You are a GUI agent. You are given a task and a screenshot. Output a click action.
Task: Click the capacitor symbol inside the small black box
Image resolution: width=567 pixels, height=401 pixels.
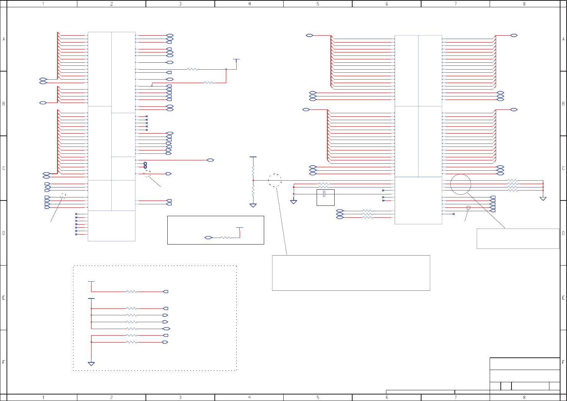pyautogui.click(x=324, y=194)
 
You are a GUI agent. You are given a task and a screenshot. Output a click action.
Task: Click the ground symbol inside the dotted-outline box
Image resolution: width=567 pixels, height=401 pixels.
pyautogui.click(x=91, y=364)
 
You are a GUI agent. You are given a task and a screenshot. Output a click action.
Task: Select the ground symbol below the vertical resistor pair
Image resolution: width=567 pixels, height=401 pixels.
pyautogui.click(x=253, y=205)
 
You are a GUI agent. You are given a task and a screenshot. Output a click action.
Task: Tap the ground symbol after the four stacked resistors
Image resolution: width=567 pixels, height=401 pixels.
pyautogui.click(x=543, y=199)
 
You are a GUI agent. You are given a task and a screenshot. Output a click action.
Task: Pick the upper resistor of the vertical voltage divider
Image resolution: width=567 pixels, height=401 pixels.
pyautogui.click(x=253, y=170)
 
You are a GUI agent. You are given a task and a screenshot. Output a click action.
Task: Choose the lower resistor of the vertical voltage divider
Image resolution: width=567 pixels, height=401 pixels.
pyautogui.click(x=253, y=191)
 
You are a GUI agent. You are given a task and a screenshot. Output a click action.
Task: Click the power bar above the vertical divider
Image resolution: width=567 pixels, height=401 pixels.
pyautogui.click(x=253, y=157)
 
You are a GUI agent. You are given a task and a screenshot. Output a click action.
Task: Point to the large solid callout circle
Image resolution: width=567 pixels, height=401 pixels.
pyautogui.click(x=461, y=184)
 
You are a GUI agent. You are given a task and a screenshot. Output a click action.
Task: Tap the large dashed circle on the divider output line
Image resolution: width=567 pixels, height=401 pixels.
pyautogui.click(x=275, y=180)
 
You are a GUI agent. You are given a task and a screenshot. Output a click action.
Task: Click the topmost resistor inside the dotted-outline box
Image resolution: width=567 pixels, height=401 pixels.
pyautogui.click(x=131, y=292)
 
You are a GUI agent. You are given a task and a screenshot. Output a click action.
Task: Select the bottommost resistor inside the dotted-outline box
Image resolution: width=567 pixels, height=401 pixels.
pyautogui.click(x=131, y=342)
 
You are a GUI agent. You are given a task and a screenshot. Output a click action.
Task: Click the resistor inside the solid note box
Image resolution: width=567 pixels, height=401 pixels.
pyautogui.click(x=226, y=238)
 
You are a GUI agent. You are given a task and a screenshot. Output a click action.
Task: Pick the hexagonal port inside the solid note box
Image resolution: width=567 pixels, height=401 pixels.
pyautogui.click(x=208, y=238)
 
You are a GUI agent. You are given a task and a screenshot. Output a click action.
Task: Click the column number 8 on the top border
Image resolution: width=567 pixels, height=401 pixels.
pyautogui.click(x=524, y=4)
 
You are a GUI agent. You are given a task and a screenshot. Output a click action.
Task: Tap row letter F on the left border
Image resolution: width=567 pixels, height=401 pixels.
pyautogui.click(x=3, y=362)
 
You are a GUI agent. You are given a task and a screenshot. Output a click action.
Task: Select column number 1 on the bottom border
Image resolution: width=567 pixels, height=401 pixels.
pyautogui.click(x=43, y=398)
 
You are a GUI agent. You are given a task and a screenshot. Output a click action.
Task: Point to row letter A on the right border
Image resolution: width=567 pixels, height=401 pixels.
pyautogui.click(x=563, y=39)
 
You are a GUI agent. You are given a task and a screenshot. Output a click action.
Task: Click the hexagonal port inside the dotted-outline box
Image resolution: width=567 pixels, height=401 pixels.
pyautogui.click(x=166, y=329)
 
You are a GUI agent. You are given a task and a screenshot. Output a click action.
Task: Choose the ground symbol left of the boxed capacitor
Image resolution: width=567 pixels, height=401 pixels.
pyautogui.click(x=294, y=202)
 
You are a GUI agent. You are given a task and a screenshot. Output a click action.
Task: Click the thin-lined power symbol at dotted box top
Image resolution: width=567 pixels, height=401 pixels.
pyautogui.click(x=91, y=282)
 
